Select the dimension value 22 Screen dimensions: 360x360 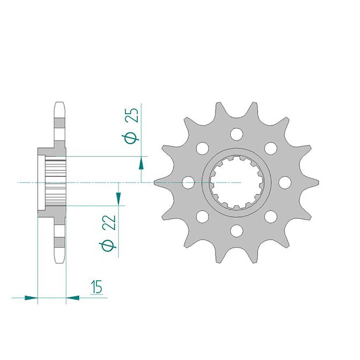click(110, 222)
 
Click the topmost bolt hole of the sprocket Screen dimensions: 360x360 click(237, 134)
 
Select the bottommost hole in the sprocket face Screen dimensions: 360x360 click(237, 231)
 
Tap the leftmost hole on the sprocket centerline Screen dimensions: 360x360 click(188, 182)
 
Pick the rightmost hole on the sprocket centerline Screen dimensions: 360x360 click(285, 182)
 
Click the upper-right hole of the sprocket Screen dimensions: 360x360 click(270, 148)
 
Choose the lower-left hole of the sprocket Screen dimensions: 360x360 click(202, 217)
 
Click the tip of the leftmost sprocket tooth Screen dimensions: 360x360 click(155, 182)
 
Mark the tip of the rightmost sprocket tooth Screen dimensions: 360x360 click(318, 182)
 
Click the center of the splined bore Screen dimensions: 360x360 click(237, 182)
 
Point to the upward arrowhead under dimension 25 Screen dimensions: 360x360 click(141, 163)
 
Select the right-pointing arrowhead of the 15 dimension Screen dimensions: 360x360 click(31, 298)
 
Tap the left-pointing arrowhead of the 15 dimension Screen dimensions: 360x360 click(72, 298)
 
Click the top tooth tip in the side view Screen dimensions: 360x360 click(60, 103)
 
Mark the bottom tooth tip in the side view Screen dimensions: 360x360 click(60, 262)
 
